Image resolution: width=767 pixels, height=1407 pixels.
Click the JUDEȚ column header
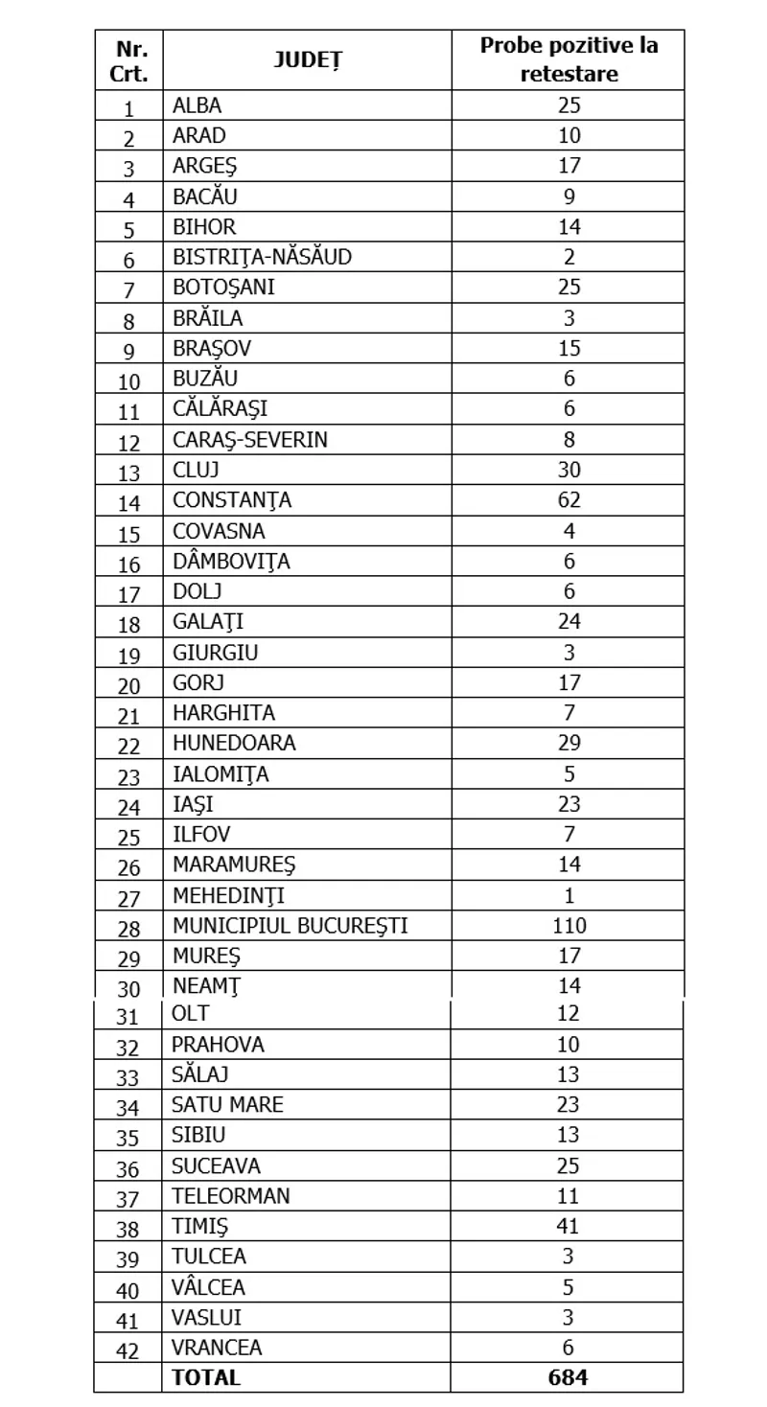[307, 60]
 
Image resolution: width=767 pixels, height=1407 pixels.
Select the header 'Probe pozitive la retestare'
[569, 59]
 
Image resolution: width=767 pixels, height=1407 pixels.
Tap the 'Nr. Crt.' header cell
[128, 60]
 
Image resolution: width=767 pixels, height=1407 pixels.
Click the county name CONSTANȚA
[232, 500]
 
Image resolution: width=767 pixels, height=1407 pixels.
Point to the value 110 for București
[569, 926]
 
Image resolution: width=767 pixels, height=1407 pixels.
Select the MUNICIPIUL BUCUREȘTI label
[291, 926]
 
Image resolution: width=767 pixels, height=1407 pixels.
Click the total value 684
[569, 1377]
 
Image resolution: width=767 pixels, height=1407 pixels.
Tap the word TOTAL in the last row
[206, 1377]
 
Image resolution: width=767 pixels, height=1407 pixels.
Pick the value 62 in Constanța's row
[569, 500]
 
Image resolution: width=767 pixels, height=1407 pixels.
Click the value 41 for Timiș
[569, 1225]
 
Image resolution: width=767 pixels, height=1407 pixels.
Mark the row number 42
[128, 1349]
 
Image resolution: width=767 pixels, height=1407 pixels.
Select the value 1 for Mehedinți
[569, 896]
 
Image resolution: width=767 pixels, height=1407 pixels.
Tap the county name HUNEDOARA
[234, 743]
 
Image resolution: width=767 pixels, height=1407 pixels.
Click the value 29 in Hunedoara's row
[569, 743]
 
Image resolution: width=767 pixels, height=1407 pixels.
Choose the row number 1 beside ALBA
[128, 107]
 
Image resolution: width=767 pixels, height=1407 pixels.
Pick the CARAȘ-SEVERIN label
[250, 439]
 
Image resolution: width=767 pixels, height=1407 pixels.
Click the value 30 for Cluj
[569, 470]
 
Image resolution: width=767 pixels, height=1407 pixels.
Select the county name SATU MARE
[227, 1104]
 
